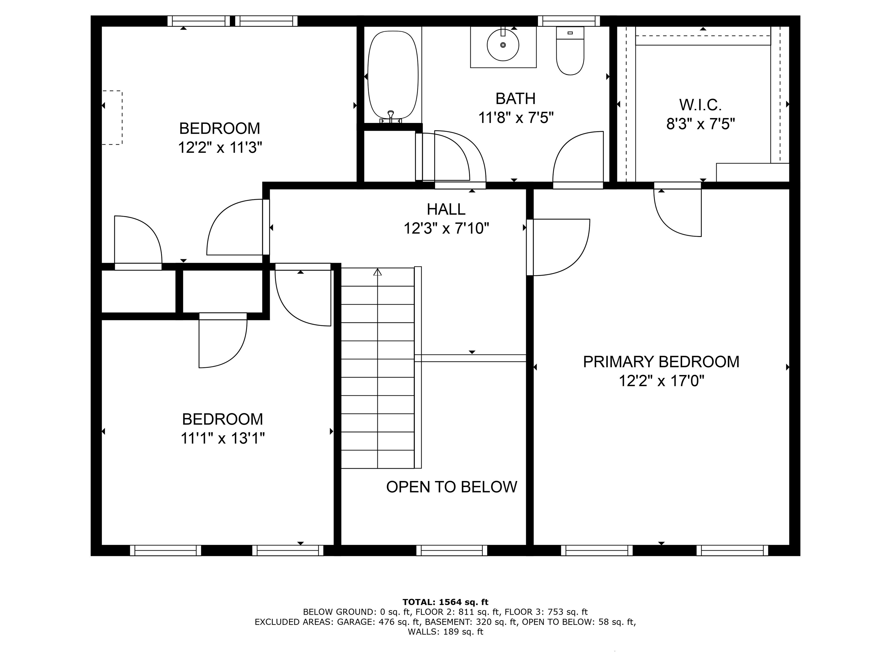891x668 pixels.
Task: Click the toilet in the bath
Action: click(570, 51)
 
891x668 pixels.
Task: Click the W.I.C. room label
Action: click(700, 105)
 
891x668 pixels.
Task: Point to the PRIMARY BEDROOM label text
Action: click(661, 362)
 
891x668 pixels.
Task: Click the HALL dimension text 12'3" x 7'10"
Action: click(446, 228)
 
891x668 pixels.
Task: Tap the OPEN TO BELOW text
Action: click(452, 487)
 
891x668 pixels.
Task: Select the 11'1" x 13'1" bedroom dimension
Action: click(223, 438)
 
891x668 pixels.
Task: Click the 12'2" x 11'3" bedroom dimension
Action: click(220, 147)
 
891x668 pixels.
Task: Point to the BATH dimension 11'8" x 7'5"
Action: click(516, 118)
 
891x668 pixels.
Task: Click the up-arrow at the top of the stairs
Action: click(377, 272)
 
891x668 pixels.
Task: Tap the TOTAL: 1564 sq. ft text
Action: click(445, 602)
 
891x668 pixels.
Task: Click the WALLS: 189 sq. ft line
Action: click(445, 632)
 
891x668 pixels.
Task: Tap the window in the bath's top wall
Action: click(569, 21)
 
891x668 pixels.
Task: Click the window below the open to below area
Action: click(452, 550)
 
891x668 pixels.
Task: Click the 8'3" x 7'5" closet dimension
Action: click(700, 124)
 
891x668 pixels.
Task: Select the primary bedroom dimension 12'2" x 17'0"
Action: click(661, 380)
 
